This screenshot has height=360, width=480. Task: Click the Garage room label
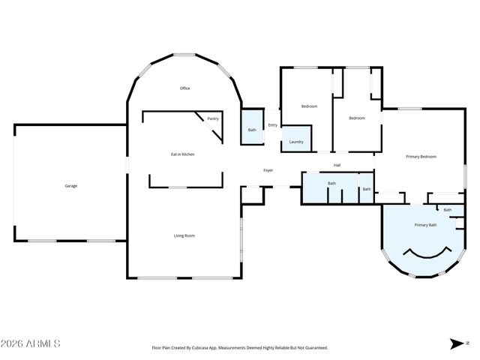70,185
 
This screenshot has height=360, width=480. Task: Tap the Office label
184,88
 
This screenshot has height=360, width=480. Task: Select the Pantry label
213,118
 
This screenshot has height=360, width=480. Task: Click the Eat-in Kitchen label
182,154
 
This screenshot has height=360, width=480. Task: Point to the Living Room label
184,235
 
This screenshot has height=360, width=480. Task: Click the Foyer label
268,170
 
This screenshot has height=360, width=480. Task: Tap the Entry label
272,125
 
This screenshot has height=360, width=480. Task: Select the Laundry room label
295,142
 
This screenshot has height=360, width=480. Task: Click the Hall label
337,165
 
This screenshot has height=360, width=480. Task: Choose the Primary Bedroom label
421,157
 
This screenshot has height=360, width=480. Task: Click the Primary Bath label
426,225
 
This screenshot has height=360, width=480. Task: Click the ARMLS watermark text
31,343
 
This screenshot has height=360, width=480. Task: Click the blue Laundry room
295,139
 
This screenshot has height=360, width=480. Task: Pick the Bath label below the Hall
331,183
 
